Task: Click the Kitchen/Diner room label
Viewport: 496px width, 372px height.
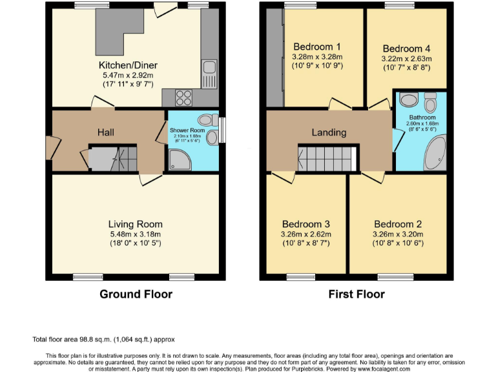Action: [128, 65]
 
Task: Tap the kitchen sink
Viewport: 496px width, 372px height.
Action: [209, 67]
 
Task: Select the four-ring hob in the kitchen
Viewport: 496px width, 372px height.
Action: [183, 98]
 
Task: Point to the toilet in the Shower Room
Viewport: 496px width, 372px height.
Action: [207, 119]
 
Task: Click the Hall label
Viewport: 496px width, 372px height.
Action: [106, 132]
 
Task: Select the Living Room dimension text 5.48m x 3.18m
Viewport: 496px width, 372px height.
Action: [135, 234]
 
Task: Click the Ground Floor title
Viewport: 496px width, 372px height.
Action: [136, 294]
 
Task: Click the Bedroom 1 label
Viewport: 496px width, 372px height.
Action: [316, 46]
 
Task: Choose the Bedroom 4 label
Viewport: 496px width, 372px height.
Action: [406, 48]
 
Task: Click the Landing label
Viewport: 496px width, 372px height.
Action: [329, 132]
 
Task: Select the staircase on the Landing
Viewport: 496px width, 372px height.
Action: [327, 158]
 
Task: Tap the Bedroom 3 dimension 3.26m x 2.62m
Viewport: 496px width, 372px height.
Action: [307, 234]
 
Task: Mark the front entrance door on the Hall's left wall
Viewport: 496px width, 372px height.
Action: [49, 147]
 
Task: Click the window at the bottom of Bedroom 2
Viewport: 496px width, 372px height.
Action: [391, 277]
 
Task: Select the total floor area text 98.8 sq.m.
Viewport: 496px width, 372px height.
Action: [103, 339]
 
